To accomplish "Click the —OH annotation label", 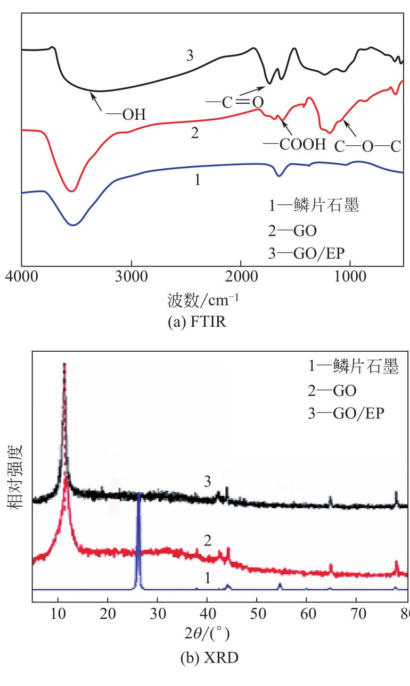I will click(x=126, y=114).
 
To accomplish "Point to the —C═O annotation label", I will click(x=235, y=102).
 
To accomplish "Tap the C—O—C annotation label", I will click(x=367, y=146).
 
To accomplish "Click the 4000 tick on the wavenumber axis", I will click(x=21, y=278).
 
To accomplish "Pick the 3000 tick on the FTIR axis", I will click(x=130, y=278).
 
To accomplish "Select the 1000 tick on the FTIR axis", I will click(x=349, y=278).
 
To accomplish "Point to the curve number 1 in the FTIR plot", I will click(x=198, y=180).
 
